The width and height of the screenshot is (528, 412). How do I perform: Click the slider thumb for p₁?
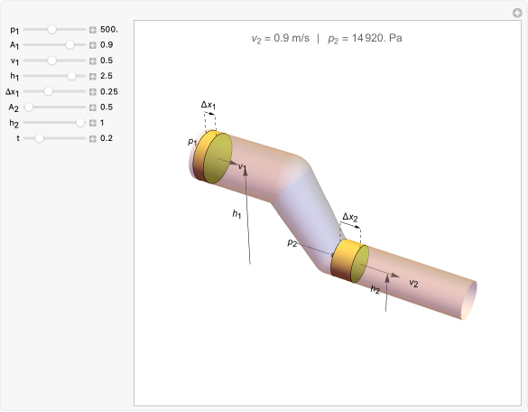[52, 29]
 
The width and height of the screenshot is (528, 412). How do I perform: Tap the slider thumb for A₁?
[70, 44]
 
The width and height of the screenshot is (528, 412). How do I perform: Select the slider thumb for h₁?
[71, 76]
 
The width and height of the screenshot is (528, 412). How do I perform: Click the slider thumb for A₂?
[29, 108]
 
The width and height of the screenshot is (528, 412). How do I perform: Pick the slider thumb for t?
[39, 138]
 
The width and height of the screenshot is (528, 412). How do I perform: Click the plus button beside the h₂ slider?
[92, 123]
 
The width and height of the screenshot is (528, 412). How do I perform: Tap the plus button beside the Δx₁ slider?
[92, 91]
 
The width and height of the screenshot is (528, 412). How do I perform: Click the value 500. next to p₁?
[108, 29]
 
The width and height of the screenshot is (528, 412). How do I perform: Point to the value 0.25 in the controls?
[109, 91]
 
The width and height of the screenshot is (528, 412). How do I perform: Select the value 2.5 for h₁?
[107, 76]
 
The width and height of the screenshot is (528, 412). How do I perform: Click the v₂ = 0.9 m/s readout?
[280, 40]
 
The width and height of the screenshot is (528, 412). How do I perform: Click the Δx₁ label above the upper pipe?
[208, 105]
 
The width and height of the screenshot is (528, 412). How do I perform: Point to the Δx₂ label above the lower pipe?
[350, 217]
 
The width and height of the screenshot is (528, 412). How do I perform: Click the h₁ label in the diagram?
[236, 214]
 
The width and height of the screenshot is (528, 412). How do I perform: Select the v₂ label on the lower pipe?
[413, 283]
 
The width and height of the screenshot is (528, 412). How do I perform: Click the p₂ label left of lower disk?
[292, 243]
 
